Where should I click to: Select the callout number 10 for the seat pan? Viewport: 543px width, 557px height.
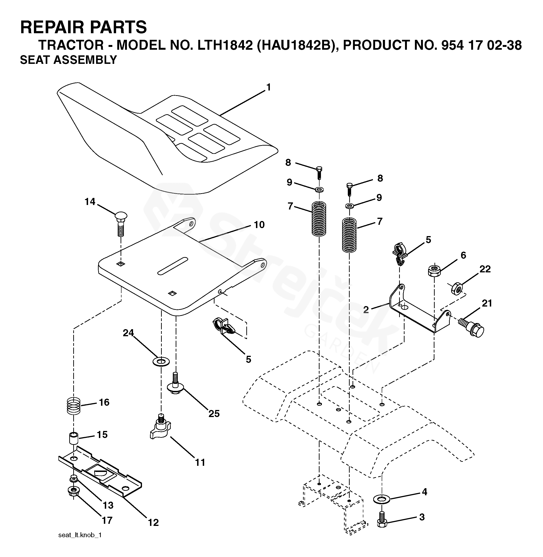point(259,225)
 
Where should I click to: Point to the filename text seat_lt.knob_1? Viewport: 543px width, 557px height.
point(80,535)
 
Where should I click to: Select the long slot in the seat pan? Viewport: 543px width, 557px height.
point(173,266)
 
